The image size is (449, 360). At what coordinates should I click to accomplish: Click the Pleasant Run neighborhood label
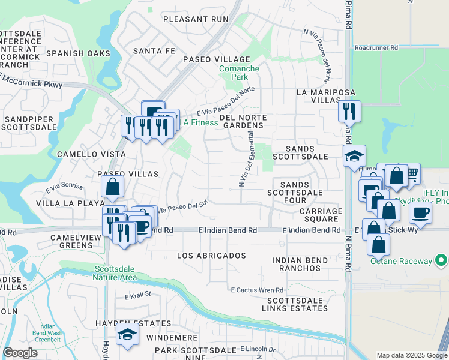point(196,19)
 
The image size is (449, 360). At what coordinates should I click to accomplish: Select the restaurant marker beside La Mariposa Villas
point(349,111)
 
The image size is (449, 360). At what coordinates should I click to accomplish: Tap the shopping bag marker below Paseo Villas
point(112,187)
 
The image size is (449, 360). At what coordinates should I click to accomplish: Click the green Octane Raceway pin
point(442,260)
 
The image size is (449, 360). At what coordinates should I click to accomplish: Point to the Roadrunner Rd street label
point(376,47)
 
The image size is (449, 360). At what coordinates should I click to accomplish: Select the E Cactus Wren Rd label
point(257,290)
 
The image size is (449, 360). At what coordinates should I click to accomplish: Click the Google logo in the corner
point(20,353)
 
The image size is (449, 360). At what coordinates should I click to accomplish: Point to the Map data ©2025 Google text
point(412,355)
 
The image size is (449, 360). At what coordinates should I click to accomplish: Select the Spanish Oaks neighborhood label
point(76,53)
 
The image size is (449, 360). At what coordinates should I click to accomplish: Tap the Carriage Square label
point(321,215)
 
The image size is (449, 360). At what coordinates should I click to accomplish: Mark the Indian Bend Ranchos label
point(300,264)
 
